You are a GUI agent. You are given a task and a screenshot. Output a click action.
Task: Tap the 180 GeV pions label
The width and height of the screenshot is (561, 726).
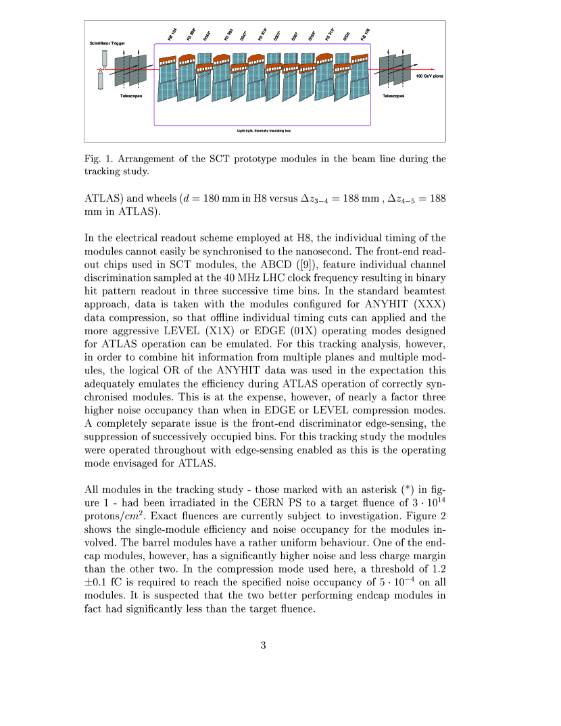(x=429, y=76)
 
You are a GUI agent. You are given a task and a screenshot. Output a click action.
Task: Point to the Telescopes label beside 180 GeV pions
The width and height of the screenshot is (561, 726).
(x=393, y=96)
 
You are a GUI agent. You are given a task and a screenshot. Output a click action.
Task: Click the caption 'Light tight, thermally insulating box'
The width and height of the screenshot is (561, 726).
(x=264, y=130)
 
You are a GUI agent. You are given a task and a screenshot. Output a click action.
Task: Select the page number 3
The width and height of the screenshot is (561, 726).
(x=264, y=645)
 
